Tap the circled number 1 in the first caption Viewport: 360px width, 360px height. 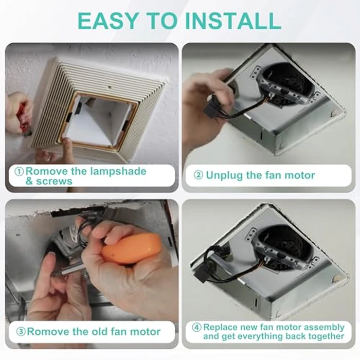tap(19, 171)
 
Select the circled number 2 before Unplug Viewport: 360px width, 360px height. tap(199, 175)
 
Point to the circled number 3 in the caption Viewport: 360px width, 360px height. tap(21, 332)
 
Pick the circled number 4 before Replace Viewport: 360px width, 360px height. tap(196, 327)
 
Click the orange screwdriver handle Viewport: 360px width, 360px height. tap(131, 249)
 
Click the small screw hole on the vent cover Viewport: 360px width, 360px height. tap(110, 87)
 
